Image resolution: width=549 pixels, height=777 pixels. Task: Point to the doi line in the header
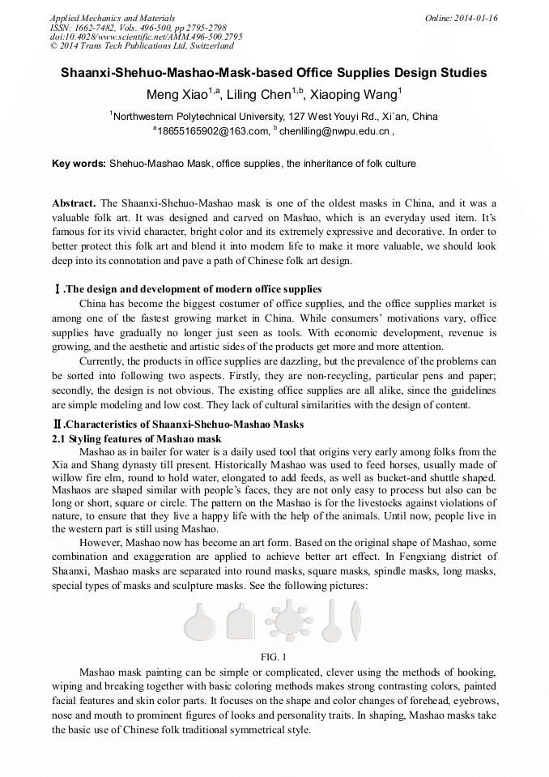coord(146,36)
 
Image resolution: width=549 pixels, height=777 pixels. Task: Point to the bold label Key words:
coord(79,164)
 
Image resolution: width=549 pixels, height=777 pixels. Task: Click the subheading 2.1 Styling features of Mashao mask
coord(137,438)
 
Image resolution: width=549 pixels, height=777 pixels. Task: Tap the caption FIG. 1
coord(274,656)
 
